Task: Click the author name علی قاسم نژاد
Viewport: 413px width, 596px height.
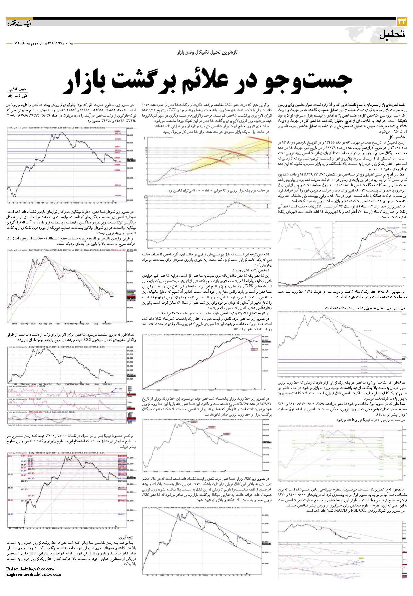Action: pos(17,96)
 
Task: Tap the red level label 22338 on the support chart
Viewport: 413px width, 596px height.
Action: pos(117,185)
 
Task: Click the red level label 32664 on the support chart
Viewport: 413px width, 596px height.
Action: pos(118,139)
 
